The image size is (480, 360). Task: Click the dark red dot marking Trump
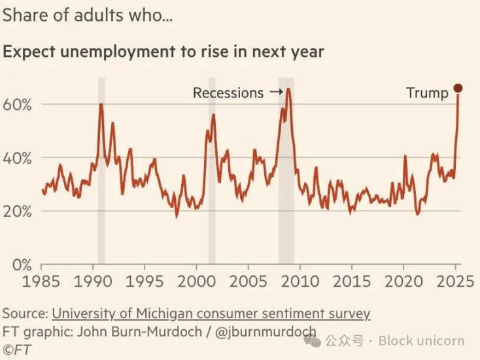458,88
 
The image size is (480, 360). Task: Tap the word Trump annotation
427,93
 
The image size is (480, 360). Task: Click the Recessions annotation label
228,93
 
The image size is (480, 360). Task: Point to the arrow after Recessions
275,93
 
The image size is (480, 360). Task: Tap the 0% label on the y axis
21,264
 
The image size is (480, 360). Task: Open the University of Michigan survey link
211,314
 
